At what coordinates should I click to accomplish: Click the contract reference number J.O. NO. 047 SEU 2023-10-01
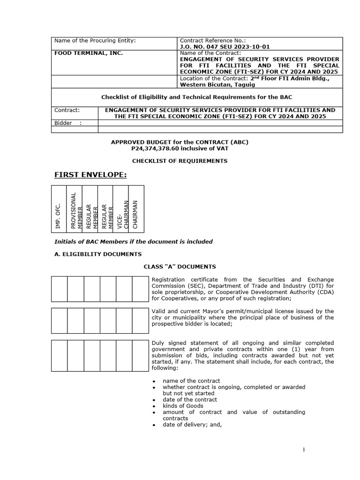click(225, 47)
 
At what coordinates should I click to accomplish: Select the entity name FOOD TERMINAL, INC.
click(89, 53)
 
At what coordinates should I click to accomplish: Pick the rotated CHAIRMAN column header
click(136, 214)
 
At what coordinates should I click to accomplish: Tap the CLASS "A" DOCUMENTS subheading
click(180, 266)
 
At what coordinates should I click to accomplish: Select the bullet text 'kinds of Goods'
click(183, 406)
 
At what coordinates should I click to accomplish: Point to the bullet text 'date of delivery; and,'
click(192, 425)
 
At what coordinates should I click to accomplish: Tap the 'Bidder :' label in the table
click(68, 123)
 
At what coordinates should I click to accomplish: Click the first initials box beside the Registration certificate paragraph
click(59, 287)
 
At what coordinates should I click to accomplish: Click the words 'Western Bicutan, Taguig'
click(213, 84)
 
